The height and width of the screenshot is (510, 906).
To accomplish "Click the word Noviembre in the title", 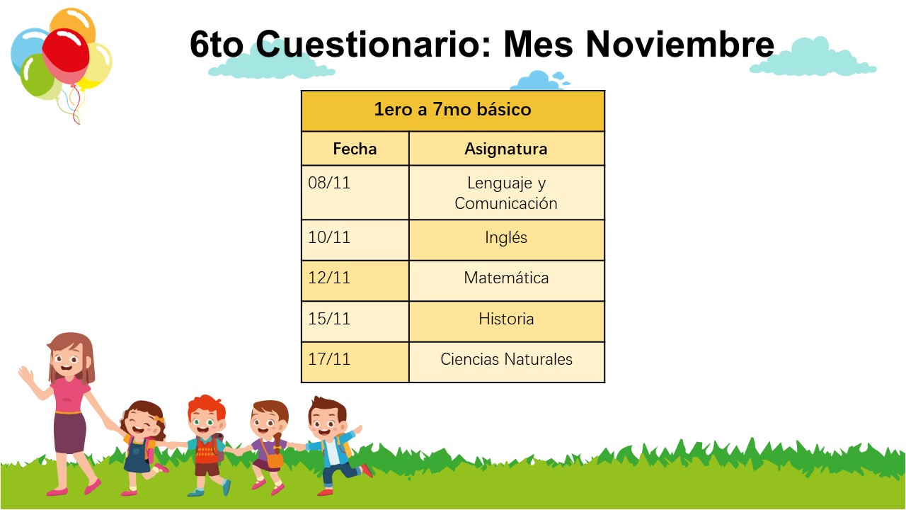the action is click(680, 44).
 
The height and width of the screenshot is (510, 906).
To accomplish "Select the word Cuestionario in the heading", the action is click(373, 44).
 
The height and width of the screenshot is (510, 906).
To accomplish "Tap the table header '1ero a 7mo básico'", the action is click(452, 110).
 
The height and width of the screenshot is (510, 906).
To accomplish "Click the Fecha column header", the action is click(355, 149).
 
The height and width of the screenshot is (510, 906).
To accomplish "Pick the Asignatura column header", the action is click(506, 149).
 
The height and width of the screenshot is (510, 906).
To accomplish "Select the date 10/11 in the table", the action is click(329, 237).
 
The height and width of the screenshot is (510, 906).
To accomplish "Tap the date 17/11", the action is click(329, 359).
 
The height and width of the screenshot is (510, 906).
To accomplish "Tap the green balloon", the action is click(38, 76).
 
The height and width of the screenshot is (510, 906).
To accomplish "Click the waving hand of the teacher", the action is click(27, 375).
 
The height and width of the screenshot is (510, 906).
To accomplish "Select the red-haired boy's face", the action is click(206, 421).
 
